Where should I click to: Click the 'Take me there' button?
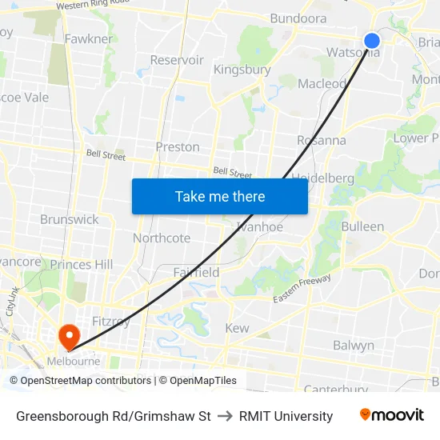pos(220,196)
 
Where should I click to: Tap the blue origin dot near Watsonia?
pos(372,41)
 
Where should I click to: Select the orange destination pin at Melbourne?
pos(68,336)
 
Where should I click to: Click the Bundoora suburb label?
pos(298,18)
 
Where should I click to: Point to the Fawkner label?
pos(88,38)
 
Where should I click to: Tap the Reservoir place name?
pos(177,60)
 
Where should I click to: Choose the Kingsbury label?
pos(242,70)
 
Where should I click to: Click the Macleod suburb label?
pos(322,83)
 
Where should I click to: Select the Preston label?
pos(178,146)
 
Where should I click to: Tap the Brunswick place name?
pos(70,219)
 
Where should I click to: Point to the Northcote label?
pos(162,238)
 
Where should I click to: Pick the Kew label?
pos(237,328)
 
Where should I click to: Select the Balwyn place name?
pos(354,346)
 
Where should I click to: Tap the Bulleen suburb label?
pos(362,226)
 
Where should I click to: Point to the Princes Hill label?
pos(82,264)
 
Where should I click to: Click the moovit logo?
pos(392,415)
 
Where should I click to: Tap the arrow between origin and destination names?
pos(225,416)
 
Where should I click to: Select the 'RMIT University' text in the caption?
pos(286,416)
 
